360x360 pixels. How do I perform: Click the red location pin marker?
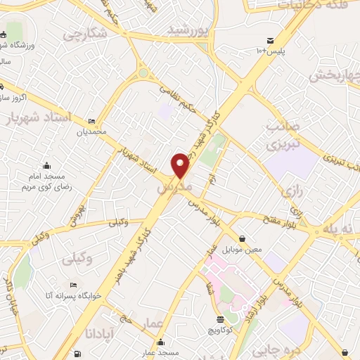[x=181, y=165]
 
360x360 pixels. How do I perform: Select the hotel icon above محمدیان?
[x=92, y=121]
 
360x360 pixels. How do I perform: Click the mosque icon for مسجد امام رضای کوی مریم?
[x=47, y=166]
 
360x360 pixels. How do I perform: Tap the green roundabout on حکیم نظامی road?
[x=143, y=72]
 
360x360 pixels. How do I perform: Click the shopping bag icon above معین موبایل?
[x=242, y=238]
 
